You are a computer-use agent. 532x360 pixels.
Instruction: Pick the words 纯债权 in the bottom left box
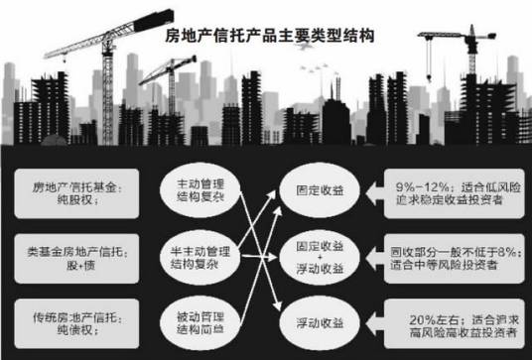(53, 326)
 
